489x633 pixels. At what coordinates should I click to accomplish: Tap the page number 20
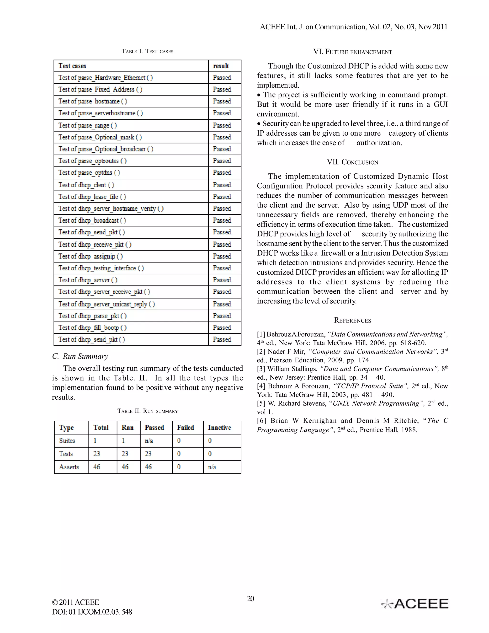(250, 599)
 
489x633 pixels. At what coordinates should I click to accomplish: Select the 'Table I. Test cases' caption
(148, 51)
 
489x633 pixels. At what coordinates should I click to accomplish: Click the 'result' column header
(221, 66)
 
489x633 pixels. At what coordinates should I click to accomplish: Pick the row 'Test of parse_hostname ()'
(93, 101)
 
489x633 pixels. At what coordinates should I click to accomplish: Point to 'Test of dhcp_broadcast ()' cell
(92, 220)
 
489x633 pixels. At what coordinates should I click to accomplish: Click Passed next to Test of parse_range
(222, 125)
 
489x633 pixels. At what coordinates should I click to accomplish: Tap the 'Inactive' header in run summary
(219, 428)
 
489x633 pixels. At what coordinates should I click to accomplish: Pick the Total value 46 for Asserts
(97, 467)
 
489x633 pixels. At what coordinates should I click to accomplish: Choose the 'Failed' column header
(185, 428)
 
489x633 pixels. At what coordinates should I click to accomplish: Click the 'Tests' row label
(66, 454)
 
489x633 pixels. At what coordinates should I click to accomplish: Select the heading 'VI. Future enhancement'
(353, 52)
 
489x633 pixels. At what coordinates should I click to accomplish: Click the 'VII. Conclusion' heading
(353, 162)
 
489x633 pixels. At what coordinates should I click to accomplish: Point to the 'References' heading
(353, 320)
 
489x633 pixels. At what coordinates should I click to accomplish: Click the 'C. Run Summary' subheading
(80, 356)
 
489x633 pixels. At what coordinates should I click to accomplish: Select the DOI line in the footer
(92, 612)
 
